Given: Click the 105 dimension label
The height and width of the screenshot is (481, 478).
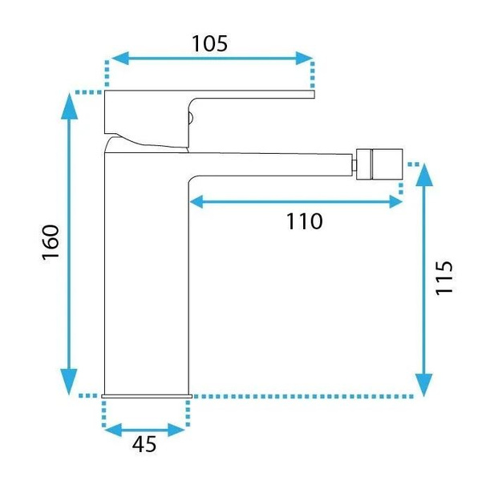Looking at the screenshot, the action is coord(210,43).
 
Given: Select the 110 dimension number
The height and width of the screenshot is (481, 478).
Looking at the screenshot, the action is coord(304,221).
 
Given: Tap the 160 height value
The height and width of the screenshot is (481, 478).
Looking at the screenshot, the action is coord(51,242).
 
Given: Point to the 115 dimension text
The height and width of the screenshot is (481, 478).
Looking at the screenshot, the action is coord(444,278).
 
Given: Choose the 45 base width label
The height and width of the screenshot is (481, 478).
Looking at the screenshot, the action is coord(144,444).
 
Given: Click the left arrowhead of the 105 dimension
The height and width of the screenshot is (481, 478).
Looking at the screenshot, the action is coord(120,58).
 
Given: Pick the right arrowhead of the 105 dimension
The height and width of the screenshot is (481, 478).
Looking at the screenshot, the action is coord(304,58).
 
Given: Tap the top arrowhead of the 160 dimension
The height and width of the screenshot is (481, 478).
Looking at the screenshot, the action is coord(69,106).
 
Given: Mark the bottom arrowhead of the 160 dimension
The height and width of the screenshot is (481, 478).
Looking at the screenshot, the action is coord(69,382).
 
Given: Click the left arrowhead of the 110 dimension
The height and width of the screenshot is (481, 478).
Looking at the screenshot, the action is coord(197,202).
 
